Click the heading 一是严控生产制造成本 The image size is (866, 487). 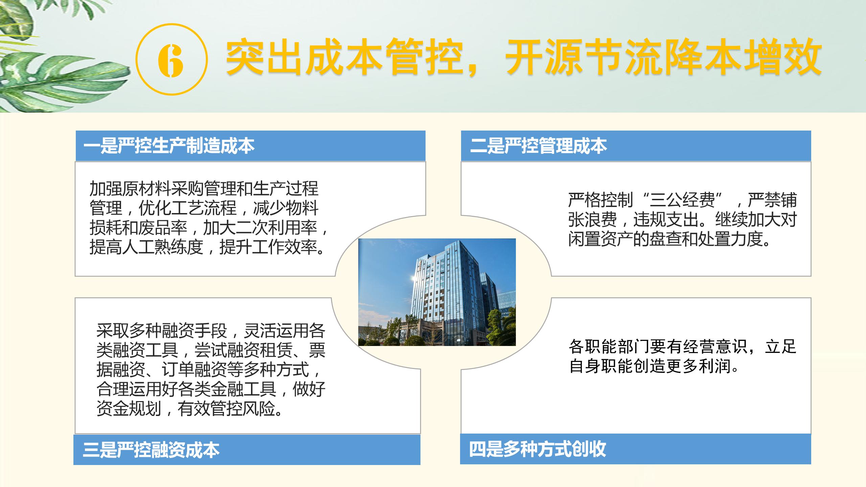pyautogui.click(x=169, y=146)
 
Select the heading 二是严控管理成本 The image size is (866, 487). pyautogui.click(x=539, y=146)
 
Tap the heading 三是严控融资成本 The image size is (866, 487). pyautogui.click(x=151, y=450)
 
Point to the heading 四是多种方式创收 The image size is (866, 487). pyautogui.click(x=538, y=449)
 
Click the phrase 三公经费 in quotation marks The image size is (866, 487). pyautogui.click(x=682, y=200)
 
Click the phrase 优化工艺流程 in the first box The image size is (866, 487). pyautogui.click(x=187, y=208)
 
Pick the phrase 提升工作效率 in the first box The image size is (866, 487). pyautogui.click(x=268, y=247)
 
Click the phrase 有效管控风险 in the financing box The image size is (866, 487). pyautogui.click(x=226, y=408)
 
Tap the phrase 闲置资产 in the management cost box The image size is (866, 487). pyautogui.click(x=601, y=239)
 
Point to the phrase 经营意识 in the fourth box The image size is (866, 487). pyautogui.click(x=714, y=347)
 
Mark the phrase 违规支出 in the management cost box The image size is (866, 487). pyautogui.click(x=666, y=219)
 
